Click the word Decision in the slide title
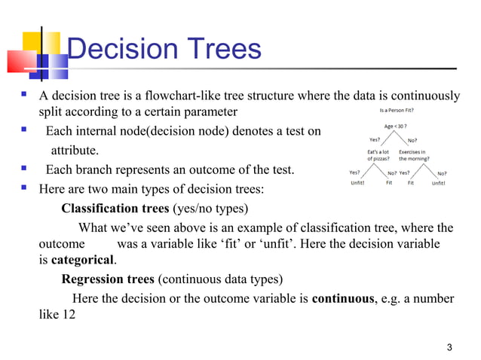coord(121,49)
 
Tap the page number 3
coord(450,346)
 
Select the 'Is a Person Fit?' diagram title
coord(400,109)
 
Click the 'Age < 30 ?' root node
coord(399,126)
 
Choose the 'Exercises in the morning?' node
coord(414,155)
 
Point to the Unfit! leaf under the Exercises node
coord(437,182)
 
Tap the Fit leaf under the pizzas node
coord(389,182)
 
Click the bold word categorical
coord(83,261)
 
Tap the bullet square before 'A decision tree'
coord(25,96)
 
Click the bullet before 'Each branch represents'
coord(25,169)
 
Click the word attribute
coord(74,151)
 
